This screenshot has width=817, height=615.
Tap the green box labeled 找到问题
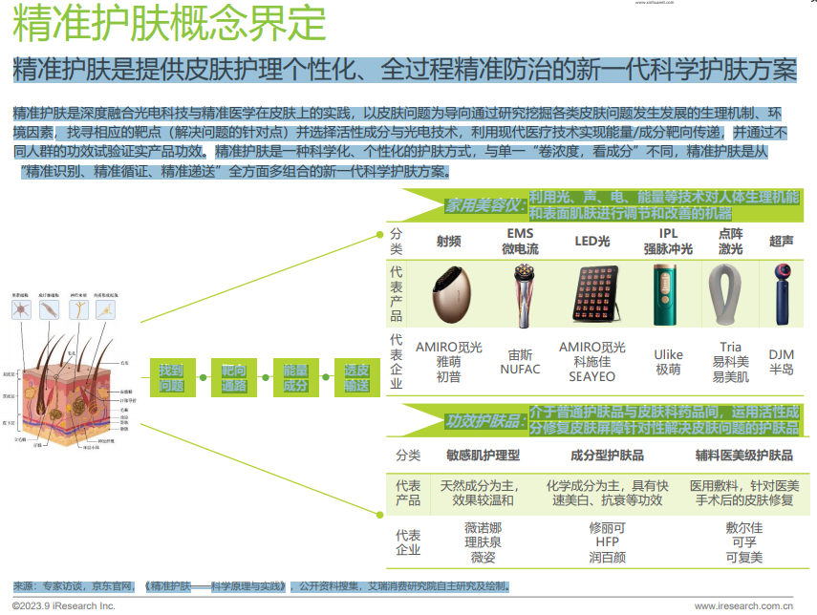pos(172,378)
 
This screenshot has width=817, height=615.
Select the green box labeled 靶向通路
pos(234,378)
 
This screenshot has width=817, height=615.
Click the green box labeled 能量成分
pos(296,378)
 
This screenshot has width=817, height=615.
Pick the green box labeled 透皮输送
pos(356,378)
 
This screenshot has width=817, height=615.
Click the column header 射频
pos(448,242)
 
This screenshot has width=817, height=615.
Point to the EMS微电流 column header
pos(522,242)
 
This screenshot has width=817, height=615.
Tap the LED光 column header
pos(592,242)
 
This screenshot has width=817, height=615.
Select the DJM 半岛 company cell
pos(782,362)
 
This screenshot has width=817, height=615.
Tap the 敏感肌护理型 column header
pos(484,455)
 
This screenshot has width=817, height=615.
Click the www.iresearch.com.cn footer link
pos(744,605)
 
